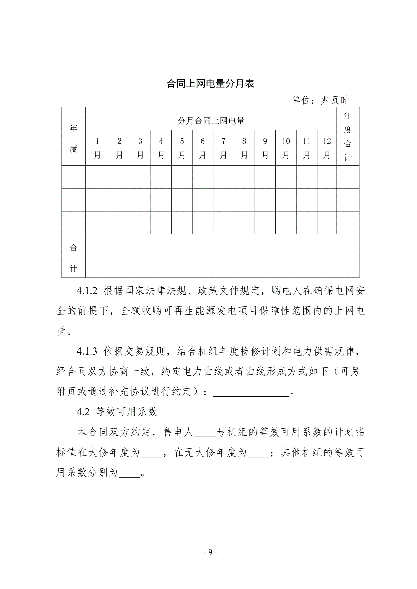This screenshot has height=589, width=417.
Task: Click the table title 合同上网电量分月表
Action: (210, 84)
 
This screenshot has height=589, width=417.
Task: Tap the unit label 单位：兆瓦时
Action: (320, 100)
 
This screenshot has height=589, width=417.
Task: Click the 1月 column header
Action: (97, 148)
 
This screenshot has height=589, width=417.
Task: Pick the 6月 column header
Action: (202, 148)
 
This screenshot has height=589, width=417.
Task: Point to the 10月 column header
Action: (286, 148)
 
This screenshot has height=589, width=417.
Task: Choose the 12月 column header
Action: (327, 148)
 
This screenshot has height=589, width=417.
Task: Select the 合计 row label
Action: (73, 258)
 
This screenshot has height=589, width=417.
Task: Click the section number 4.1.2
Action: (87, 291)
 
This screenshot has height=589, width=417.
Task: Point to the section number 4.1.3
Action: (87, 351)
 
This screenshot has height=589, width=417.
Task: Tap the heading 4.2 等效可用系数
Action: (117, 412)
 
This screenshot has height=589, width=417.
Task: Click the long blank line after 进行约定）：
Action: (251, 392)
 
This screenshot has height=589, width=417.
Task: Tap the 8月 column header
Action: (244, 148)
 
